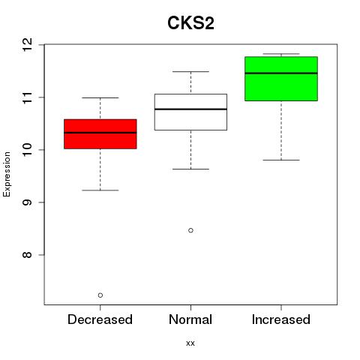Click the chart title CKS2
coord(190,23)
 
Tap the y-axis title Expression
coord(7,175)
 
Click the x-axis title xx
coord(190,343)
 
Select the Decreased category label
coord(100,319)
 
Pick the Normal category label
coord(190,319)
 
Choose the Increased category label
coord(281,319)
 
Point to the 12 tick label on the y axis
coord(28,45)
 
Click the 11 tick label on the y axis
coord(28,97)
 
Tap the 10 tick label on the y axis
coord(28,150)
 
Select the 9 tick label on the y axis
coord(28,202)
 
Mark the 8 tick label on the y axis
coord(28,255)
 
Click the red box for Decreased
coord(100,134)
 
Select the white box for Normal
coord(190,112)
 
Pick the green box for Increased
coord(281,79)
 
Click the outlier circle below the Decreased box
coord(100,295)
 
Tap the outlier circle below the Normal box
coord(190,230)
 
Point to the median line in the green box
coord(281,73)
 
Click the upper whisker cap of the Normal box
coord(190,72)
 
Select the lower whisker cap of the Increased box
coord(281,160)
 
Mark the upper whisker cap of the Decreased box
coord(100,97)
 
